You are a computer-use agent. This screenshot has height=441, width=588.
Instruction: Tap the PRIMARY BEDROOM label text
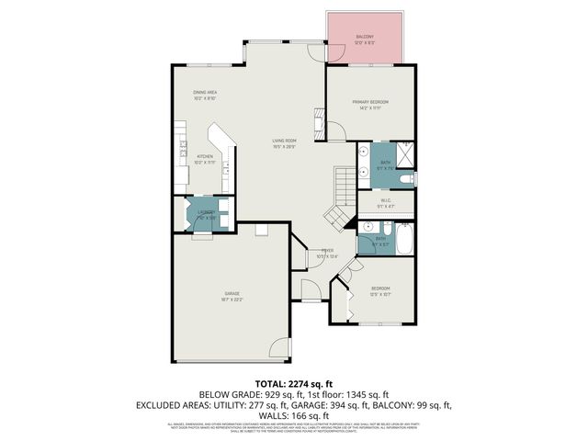point(370,101)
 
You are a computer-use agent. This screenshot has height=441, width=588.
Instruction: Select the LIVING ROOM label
point(283,141)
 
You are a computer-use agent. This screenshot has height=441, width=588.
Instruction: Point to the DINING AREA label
point(204,92)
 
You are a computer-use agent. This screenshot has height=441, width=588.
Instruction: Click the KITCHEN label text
point(205,156)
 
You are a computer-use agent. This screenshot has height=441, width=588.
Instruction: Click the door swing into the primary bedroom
point(335,131)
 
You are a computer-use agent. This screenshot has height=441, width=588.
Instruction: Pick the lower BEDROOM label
point(381,288)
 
